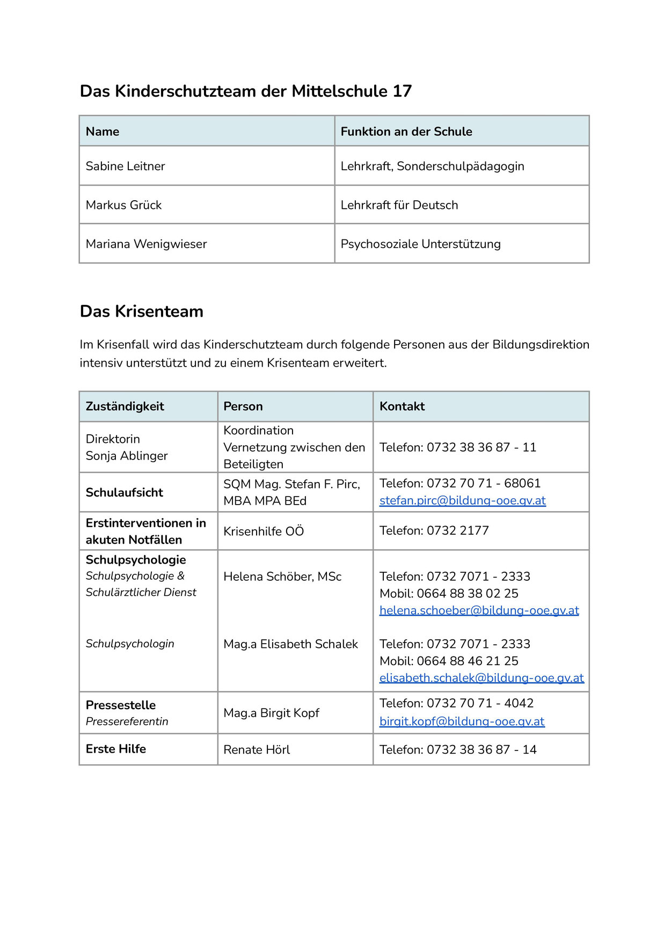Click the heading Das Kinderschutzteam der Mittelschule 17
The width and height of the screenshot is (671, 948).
click(x=245, y=91)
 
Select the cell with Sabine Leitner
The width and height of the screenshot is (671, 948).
click(x=125, y=166)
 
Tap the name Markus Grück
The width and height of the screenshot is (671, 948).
click(x=123, y=205)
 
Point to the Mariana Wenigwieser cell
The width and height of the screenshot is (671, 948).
click(x=146, y=244)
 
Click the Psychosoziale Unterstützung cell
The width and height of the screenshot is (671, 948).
click(x=420, y=244)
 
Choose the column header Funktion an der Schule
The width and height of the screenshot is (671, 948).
click(x=406, y=132)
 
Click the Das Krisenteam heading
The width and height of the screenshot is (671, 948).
click(x=141, y=311)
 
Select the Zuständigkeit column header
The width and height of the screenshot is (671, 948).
click(x=125, y=406)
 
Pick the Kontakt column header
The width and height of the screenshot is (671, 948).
click(x=402, y=406)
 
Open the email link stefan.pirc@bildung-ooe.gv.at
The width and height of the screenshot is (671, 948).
click(x=462, y=501)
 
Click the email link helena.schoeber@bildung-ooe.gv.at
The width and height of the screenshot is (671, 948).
click(x=479, y=610)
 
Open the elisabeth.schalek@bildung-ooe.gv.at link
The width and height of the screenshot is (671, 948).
click(x=482, y=678)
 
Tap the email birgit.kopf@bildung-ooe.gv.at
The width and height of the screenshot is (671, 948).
click(x=462, y=721)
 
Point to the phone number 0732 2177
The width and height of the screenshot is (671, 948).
click(x=457, y=531)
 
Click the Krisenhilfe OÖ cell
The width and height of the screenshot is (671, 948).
click(x=264, y=531)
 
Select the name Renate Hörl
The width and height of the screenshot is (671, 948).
click(x=257, y=750)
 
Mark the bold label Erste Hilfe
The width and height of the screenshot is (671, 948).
click(x=116, y=749)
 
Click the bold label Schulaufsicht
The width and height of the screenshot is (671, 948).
click(x=125, y=493)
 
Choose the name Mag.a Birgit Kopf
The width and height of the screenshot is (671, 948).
click(x=271, y=713)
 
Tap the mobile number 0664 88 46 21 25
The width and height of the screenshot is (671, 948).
click(x=467, y=661)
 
